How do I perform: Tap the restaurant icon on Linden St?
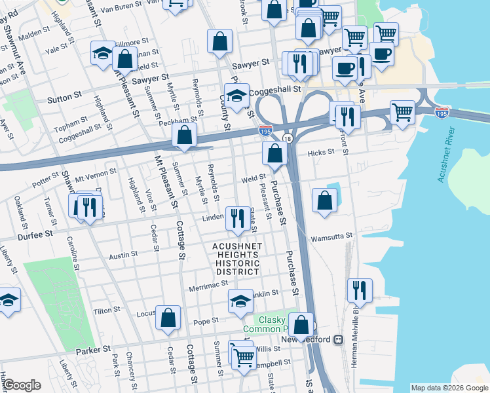[x=236, y=218]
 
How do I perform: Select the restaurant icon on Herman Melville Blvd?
[x=359, y=290]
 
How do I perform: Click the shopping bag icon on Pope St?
[x=168, y=317]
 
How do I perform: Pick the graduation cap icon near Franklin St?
[x=240, y=301]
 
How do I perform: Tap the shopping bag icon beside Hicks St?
[x=275, y=153]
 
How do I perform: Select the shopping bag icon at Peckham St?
[x=185, y=136]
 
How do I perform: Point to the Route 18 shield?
[x=288, y=138]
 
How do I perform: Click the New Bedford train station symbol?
[x=339, y=340]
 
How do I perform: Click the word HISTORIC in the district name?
[x=238, y=263]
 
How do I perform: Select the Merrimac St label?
[x=208, y=284]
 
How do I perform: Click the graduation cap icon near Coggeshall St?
[x=236, y=95]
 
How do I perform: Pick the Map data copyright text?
[x=449, y=388]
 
